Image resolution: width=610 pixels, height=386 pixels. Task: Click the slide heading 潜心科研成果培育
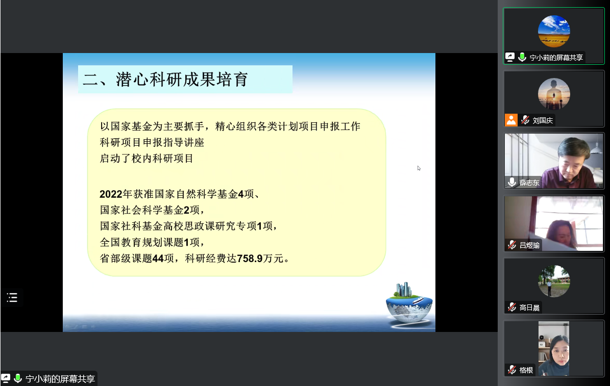coord(182,80)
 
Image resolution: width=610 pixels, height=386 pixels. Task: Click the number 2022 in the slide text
coord(111,194)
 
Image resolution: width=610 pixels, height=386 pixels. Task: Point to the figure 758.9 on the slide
coord(250,259)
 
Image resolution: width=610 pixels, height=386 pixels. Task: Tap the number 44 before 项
coord(158,259)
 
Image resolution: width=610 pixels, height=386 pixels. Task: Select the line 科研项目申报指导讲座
coord(152,142)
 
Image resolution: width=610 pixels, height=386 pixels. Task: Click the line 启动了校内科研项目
coord(147,159)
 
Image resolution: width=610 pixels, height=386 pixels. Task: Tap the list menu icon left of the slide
coord(12,298)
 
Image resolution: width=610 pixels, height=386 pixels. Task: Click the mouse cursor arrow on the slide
coord(419,168)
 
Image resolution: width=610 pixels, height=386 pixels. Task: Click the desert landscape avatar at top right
coord(554,32)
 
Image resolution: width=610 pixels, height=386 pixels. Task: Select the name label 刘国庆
coord(543,120)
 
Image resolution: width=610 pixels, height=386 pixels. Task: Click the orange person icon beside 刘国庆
coord(511,120)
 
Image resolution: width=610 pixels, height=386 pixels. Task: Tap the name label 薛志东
coord(529,183)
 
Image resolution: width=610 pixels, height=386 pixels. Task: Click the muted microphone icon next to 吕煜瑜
coord(512,245)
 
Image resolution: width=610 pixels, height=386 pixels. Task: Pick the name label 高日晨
coord(529,308)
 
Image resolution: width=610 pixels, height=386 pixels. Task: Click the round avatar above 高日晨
coord(554,281)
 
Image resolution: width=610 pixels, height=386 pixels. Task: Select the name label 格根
coord(526,370)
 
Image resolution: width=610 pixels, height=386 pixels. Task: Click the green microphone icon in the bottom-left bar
coord(17,378)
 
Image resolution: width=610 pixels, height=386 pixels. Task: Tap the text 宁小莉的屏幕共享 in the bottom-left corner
coord(60,379)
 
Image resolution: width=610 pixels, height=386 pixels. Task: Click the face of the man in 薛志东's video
coord(572,162)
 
